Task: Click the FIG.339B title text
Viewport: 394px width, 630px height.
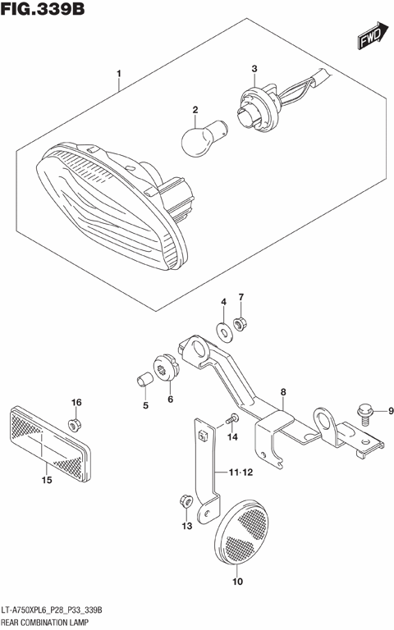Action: (45, 11)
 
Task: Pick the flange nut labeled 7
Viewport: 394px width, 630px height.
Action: (241, 326)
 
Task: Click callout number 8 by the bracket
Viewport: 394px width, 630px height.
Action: (282, 393)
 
